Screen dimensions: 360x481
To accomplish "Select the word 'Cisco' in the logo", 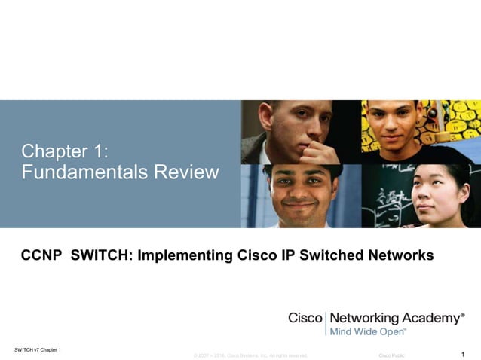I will coord(305,318).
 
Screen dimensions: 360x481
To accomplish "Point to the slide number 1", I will coord(461,353).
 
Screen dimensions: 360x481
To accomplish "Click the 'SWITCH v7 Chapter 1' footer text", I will coord(38,349).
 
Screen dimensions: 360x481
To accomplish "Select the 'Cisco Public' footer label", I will coord(391,355).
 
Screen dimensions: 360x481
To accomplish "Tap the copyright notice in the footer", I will coord(250,355).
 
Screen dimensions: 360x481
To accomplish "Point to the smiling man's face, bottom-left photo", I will coord(299,193).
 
